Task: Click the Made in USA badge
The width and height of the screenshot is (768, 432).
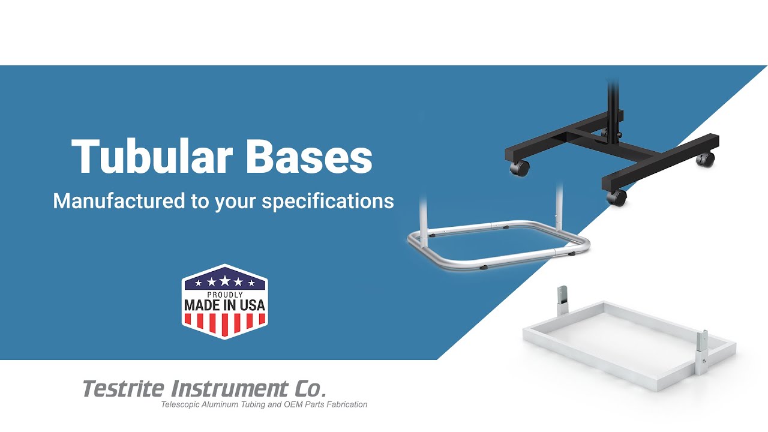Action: pyautogui.click(x=224, y=302)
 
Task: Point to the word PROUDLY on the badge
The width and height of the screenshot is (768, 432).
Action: pyautogui.click(x=224, y=295)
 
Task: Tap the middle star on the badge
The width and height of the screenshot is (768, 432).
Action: pyautogui.click(x=224, y=281)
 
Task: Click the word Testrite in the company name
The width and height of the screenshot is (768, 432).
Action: pyautogui.click(x=122, y=389)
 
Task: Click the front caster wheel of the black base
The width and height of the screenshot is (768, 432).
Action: pyautogui.click(x=616, y=197)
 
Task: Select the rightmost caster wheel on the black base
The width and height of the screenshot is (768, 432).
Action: pyautogui.click(x=706, y=159)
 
